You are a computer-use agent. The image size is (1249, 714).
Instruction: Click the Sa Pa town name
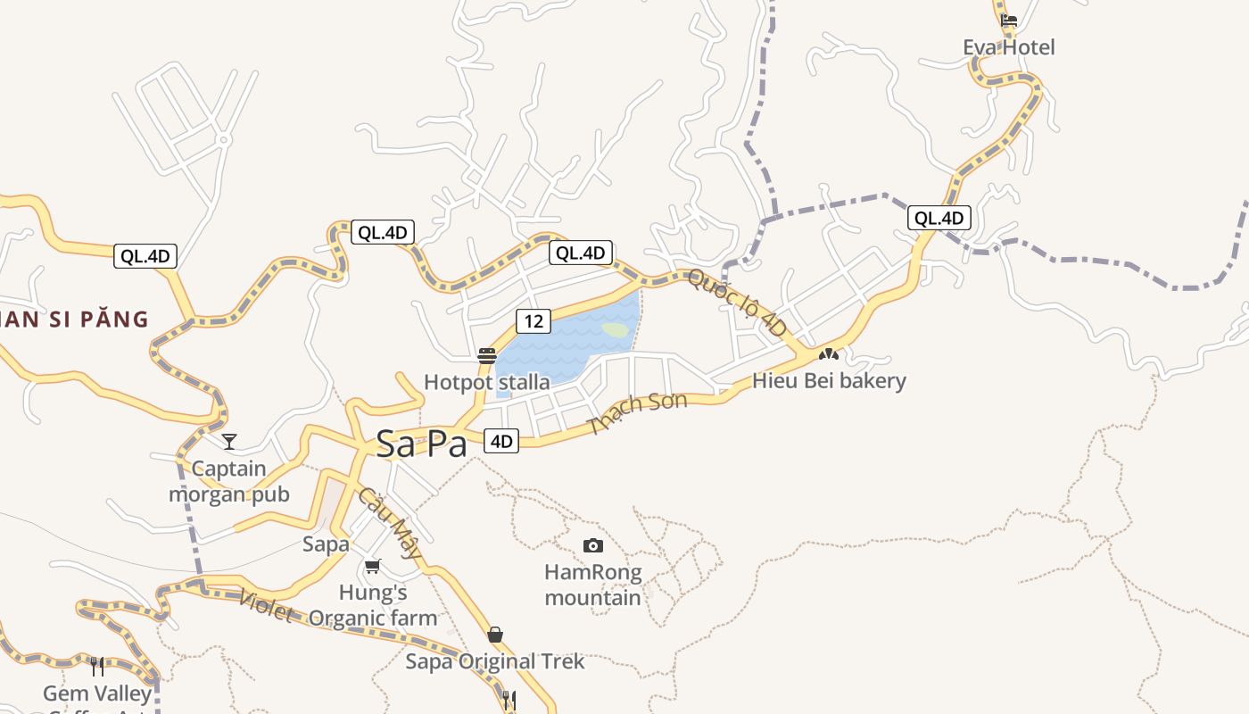click(x=421, y=444)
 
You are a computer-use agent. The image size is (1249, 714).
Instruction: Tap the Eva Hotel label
click(x=1008, y=47)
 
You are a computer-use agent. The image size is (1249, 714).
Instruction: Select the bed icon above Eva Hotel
click(x=1008, y=21)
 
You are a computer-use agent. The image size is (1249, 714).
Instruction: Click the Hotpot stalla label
click(x=486, y=382)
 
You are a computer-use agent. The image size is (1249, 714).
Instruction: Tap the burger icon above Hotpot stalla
click(x=486, y=355)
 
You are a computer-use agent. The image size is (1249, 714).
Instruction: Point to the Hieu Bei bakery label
click(x=829, y=381)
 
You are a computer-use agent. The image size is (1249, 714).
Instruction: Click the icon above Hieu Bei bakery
click(x=829, y=354)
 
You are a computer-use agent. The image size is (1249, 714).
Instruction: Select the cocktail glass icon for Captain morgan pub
click(x=229, y=442)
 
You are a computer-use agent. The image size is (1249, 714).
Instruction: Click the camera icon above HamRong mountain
click(x=592, y=545)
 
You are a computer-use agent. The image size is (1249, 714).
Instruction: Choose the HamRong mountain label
click(x=592, y=585)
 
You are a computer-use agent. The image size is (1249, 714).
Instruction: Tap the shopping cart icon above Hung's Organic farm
click(x=373, y=566)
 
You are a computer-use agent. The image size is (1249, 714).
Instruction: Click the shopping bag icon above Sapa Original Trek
click(x=495, y=635)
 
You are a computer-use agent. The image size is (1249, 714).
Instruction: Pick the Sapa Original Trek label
click(x=495, y=661)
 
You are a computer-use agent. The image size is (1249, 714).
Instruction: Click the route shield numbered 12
click(x=533, y=321)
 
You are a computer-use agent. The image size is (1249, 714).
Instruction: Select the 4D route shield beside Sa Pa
click(x=501, y=440)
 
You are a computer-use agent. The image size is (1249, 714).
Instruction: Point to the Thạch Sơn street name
click(x=638, y=411)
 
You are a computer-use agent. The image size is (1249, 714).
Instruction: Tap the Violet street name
click(x=265, y=606)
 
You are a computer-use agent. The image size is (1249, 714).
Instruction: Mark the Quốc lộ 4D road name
click(x=738, y=303)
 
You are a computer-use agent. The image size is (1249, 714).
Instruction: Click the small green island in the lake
click(x=616, y=329)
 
